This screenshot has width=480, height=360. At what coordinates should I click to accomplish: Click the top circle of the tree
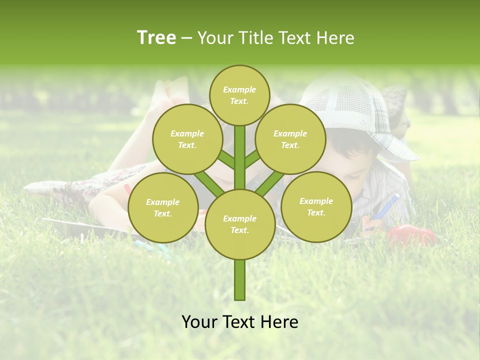[239, 95]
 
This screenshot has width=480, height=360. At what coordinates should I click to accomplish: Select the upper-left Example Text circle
[187, 139]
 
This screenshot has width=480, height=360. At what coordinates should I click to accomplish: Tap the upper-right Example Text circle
[290, 139]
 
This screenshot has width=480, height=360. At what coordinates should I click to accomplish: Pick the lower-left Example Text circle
[163, 207]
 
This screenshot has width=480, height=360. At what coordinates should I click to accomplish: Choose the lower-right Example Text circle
[316, 206]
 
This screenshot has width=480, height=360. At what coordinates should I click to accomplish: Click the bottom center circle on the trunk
[240, 224]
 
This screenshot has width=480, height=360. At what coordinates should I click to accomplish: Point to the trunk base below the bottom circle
[240, 280]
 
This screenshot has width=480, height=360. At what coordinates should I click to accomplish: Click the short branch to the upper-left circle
[226, 160]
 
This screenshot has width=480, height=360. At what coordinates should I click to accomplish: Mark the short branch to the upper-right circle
[252, 159]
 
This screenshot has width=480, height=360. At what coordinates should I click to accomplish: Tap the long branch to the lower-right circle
[269, 183]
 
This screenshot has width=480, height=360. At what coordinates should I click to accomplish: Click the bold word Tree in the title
[156, 37]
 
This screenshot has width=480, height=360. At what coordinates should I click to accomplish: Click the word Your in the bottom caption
[199, 322]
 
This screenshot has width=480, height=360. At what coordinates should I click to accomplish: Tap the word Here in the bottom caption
[280, 322]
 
